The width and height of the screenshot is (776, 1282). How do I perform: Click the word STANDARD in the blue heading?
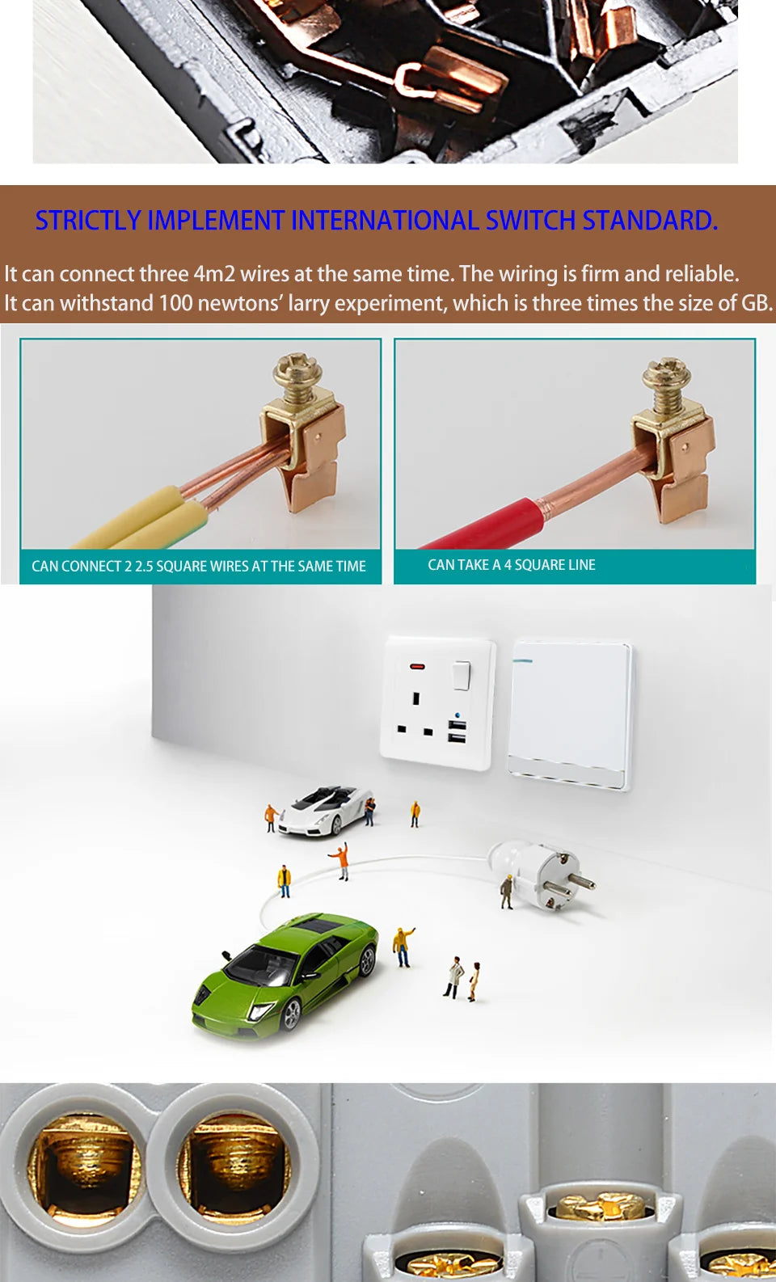click(x=649, y=220)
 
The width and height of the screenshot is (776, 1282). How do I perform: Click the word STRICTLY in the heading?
click(x=88, y=220)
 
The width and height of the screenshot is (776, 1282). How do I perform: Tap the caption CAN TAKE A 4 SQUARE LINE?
click(x=511, y=565)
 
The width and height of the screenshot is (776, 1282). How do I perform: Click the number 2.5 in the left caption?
click(x=144, y=567)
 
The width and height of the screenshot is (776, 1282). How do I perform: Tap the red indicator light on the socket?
click(x=417, y=667)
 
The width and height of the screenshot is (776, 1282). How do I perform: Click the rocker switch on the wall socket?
click(x=462, y=676)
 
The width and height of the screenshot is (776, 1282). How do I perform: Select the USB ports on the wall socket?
click(x=457, y=732)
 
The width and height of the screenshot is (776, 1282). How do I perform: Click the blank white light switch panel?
click(x=571, y=711)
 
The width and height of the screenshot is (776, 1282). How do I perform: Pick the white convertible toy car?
click(x=326, y=811)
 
